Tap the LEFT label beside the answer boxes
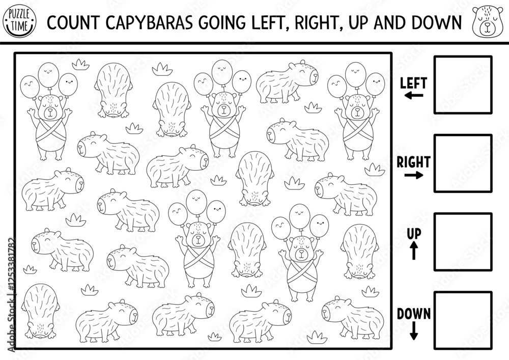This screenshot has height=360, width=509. click(413, 82)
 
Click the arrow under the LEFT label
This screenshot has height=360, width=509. click(414, 95)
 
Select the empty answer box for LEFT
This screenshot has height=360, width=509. click(463, 85)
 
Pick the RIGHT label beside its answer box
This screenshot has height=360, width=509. click(413, 162)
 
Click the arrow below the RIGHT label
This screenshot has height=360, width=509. click(414, 176)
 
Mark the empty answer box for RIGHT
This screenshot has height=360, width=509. click(463, 163)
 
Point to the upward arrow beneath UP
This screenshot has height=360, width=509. click(414, 251)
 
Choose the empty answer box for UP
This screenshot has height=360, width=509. click(463, 242)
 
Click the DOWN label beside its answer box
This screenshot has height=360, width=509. click(414, 313)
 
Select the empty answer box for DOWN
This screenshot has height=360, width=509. click(463, 320)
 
